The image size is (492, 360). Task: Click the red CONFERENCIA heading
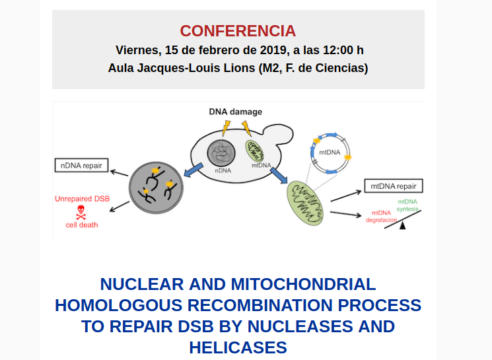pos(238,31)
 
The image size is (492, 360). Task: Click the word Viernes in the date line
pos(137,50)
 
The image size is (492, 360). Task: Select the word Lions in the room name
pos(239,68)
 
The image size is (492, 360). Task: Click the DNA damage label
pos(235,112)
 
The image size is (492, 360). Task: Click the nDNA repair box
pos(82,165)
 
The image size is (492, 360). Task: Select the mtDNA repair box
pos(394,186)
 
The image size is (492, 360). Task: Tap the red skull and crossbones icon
pos(81,212)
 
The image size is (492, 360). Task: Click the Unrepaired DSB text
pos(82,199)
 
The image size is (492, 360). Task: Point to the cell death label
pos(82,225)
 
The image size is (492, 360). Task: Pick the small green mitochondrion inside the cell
pos(254,151)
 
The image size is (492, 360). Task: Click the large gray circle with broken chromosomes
pos(156,188)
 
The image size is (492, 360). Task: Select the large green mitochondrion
pos(305,203)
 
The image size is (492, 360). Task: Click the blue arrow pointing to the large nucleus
pos(193,170)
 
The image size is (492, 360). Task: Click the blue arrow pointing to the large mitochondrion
pos(279,176)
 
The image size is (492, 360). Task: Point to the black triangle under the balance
pos(403,225)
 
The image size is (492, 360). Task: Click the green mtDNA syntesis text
pos(407,205)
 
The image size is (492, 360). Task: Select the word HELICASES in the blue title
pos(238,347)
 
